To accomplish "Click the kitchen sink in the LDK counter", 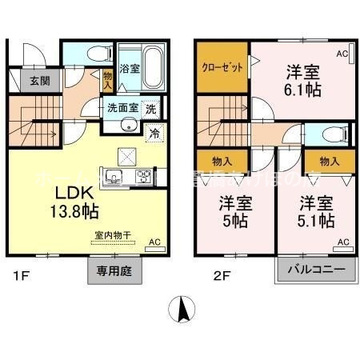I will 112,177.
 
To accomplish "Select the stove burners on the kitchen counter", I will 142,177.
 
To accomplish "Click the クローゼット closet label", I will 221,68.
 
